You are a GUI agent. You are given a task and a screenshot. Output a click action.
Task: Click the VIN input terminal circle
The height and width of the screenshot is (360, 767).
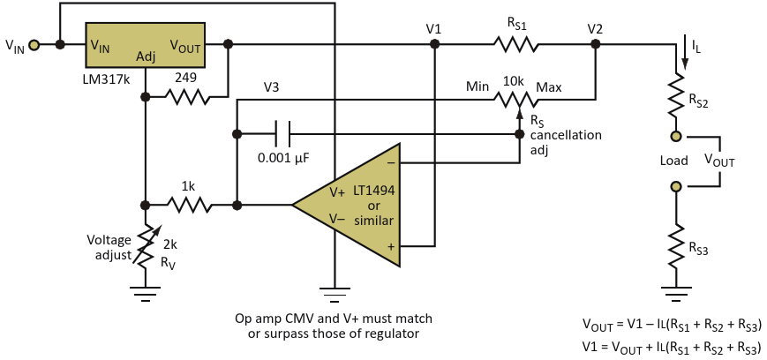[34, 45]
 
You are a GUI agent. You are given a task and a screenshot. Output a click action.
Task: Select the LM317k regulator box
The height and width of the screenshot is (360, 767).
[146, 44]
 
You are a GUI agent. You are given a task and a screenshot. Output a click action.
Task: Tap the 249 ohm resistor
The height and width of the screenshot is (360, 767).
[187, 97]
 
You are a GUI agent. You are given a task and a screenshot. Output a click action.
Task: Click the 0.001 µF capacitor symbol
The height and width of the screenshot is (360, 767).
[282, 134]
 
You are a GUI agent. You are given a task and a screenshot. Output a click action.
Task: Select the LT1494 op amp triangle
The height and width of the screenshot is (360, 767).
[346, 205]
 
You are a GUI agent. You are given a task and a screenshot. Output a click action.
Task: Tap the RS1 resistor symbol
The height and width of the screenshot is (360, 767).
[515, 44]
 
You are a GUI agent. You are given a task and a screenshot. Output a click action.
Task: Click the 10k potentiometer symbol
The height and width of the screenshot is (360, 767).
[515, 100]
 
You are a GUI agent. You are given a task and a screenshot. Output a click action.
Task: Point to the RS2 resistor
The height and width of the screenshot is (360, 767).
[676, 95]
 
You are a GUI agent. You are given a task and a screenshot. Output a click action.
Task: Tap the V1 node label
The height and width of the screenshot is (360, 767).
[433, 29]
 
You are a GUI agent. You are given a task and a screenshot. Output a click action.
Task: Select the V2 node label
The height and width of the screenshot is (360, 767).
[595, 29]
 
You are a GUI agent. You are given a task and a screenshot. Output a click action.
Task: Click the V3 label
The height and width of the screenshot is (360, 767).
[272, 87]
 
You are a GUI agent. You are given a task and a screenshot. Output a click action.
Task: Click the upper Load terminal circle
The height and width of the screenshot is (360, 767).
[676, 137]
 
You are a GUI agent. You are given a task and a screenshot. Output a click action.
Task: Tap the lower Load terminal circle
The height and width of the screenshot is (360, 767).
[676, 186]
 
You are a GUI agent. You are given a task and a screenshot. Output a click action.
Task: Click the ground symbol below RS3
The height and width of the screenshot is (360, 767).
[676, 290]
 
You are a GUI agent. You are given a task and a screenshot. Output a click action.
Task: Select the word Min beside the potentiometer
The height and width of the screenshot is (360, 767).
[477, 87]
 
